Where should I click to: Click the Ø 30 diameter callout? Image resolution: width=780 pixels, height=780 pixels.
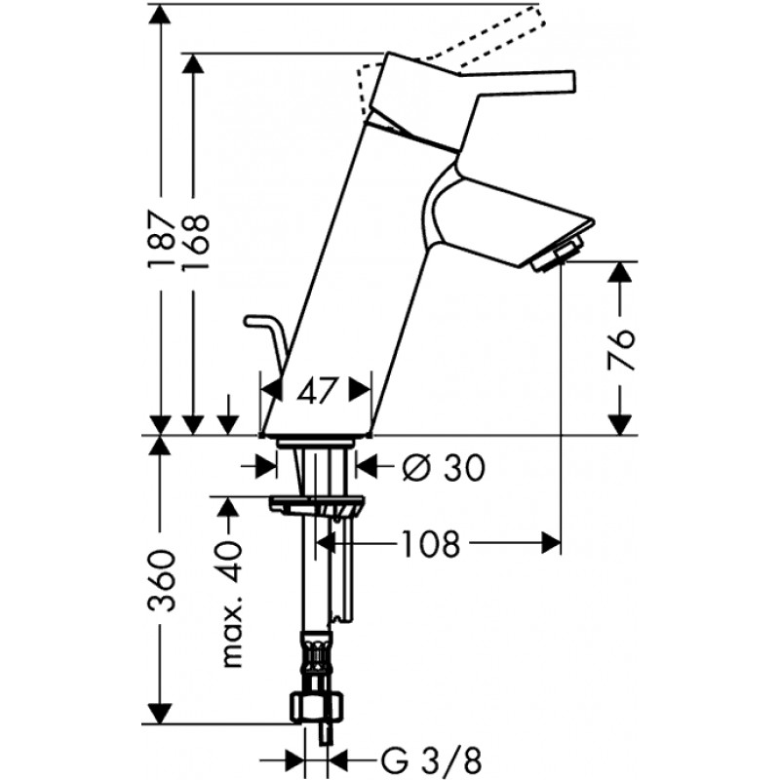coord(444,468)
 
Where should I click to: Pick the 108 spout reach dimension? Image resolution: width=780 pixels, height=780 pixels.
coord(431,543)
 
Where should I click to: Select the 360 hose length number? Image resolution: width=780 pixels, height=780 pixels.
coord(162,580)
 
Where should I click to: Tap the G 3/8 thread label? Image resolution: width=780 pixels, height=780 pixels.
coord(431,760)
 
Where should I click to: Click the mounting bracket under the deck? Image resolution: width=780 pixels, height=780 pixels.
coord(317,507)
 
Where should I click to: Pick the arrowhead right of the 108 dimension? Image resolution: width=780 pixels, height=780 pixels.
coord(551,543)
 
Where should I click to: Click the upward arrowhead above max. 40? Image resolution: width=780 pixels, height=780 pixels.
coord(228,508)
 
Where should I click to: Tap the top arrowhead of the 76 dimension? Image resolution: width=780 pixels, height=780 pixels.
coord(620,272)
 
